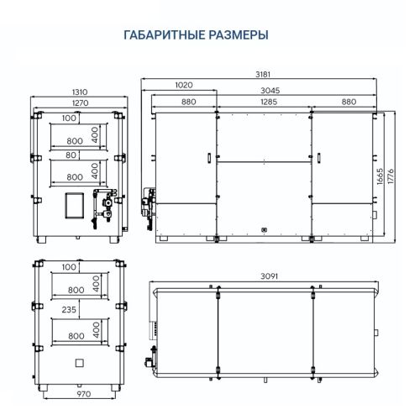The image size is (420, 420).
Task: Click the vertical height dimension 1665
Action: [379, 176]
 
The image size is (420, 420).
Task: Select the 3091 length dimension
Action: [269, 276]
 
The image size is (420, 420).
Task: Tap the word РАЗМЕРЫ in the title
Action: [238, 36]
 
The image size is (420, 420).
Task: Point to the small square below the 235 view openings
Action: [80, 362]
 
